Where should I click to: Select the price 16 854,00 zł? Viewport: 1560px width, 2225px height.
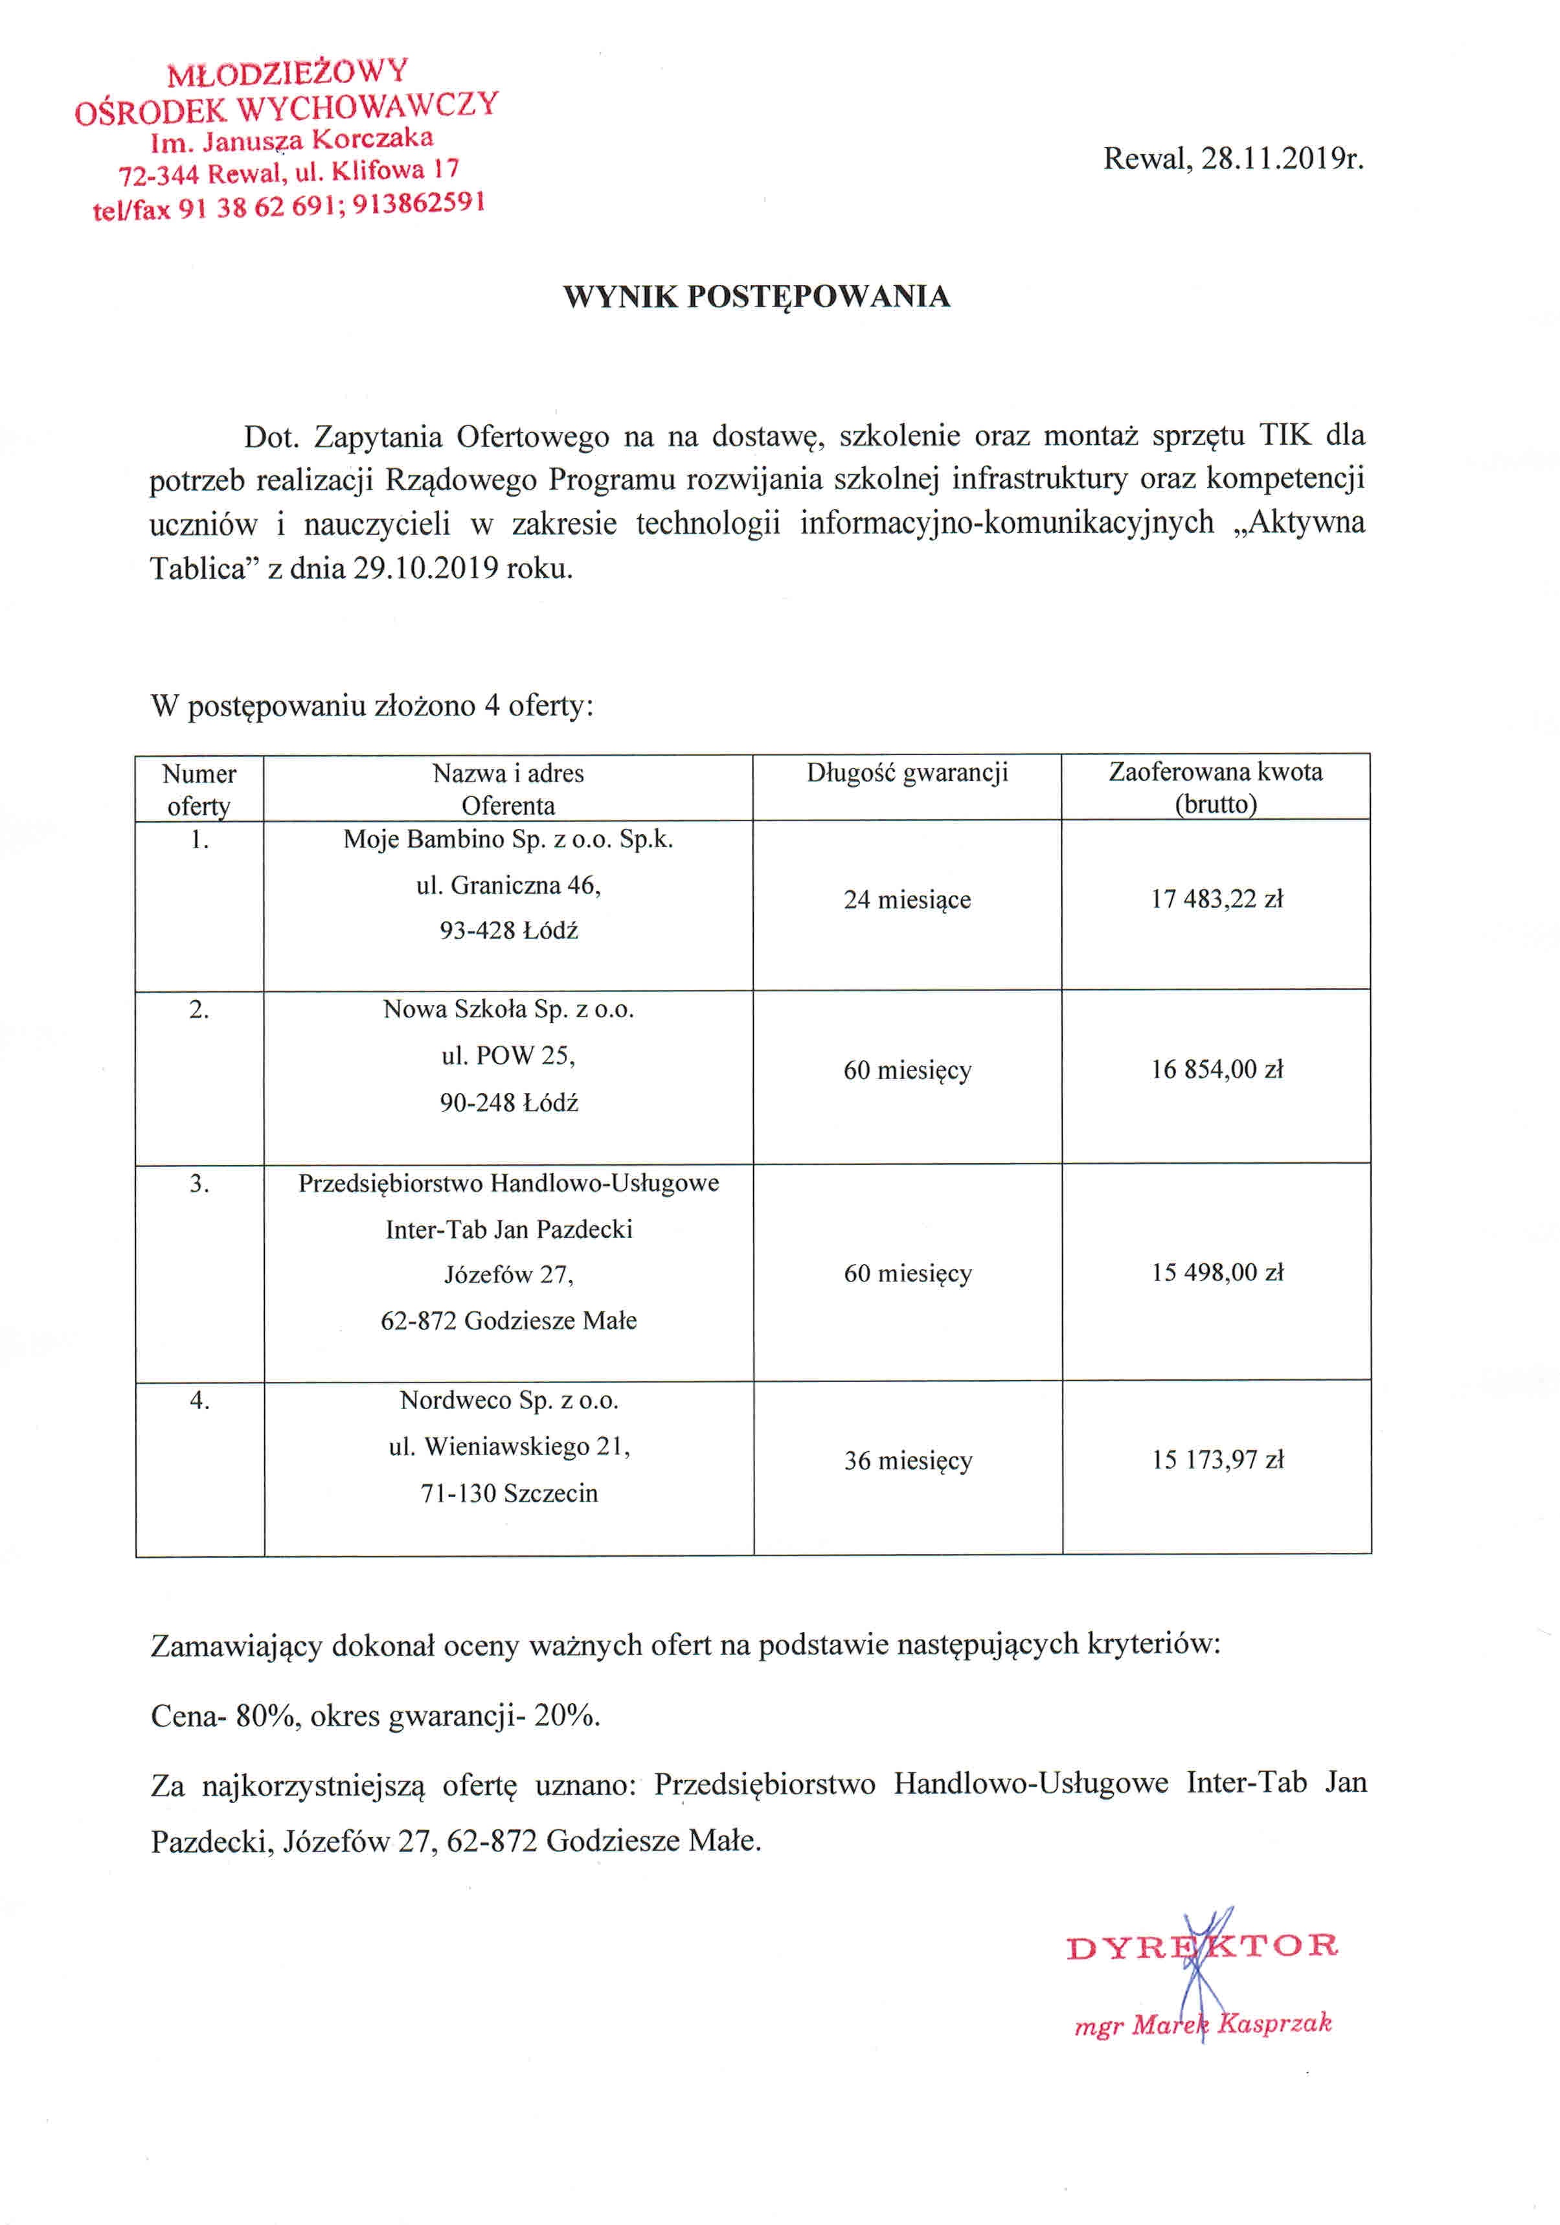[x=1216, y=1070]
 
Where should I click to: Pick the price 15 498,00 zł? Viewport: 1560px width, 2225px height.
[x=1217, y=1272]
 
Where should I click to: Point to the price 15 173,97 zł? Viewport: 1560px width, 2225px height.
[x=1217, y=1460]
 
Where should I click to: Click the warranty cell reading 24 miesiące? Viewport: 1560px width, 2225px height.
[x=907, y=900]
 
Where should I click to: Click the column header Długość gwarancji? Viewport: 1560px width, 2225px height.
[x=907, y=773]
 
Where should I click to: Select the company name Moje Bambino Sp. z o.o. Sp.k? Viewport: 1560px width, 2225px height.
[x=508, y=839]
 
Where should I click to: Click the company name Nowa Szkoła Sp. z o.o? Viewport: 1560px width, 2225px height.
[x=508, y=1010]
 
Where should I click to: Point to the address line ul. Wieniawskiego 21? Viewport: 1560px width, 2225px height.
[x=509, y=1447]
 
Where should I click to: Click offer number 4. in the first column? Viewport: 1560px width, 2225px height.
[x=199, y=1400]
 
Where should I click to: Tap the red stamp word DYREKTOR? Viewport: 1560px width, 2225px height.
[x=1201, y=1947]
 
